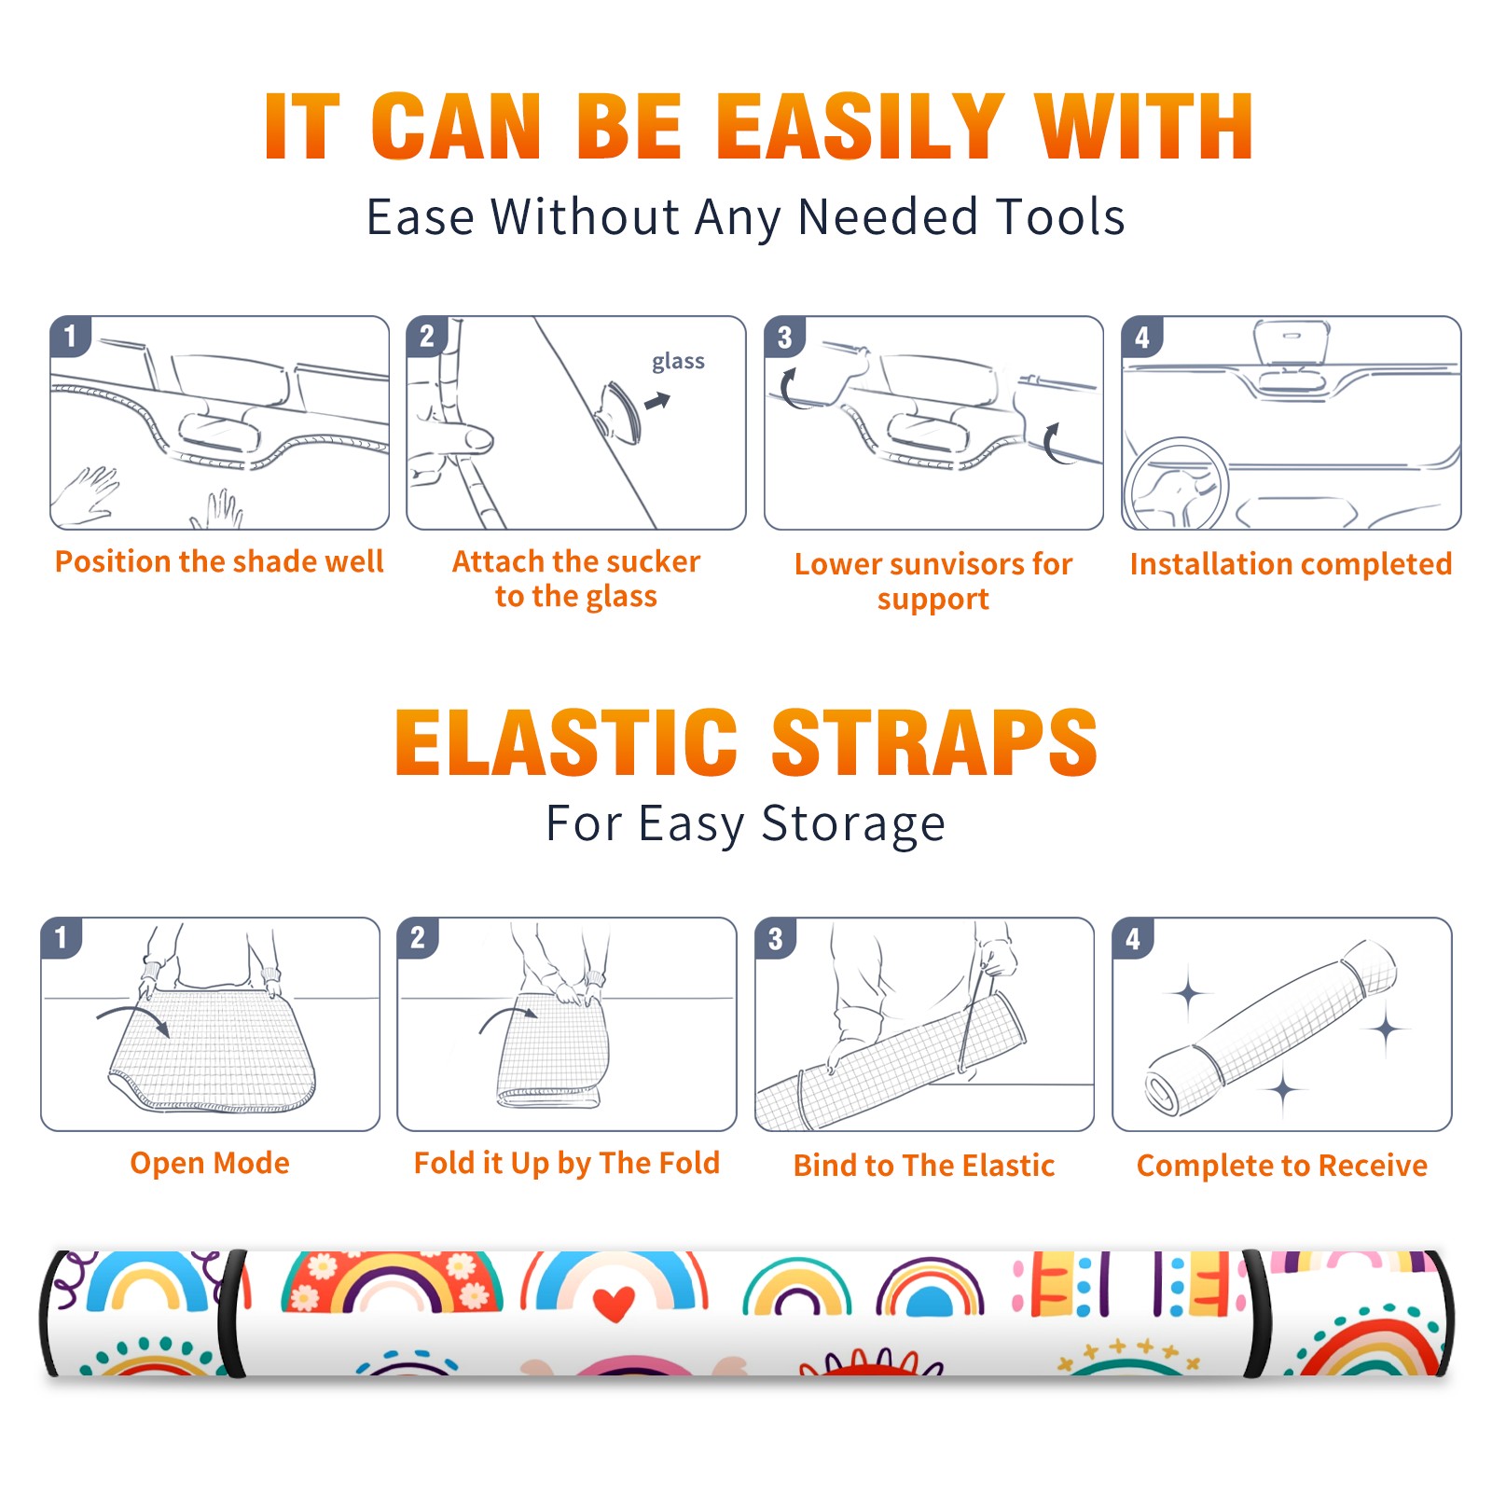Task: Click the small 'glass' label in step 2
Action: click(x=678, y=362)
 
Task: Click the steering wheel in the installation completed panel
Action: click(x=1175, y=485)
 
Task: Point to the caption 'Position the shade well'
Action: click(x=219, y=561)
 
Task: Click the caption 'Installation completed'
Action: click(x=1291, y=564)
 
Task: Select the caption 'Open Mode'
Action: click(x=210, y=1163)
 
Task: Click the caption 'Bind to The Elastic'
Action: click(x=923, y=1166)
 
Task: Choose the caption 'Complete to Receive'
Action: click(x=1282, y=1166)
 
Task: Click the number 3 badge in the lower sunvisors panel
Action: click(x=784, y=337)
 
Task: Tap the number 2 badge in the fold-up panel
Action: click(x=417, y=937)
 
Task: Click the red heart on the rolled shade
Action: click(x=614, y=1303)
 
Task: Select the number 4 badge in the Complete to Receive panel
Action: click(x=1132, y=937)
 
